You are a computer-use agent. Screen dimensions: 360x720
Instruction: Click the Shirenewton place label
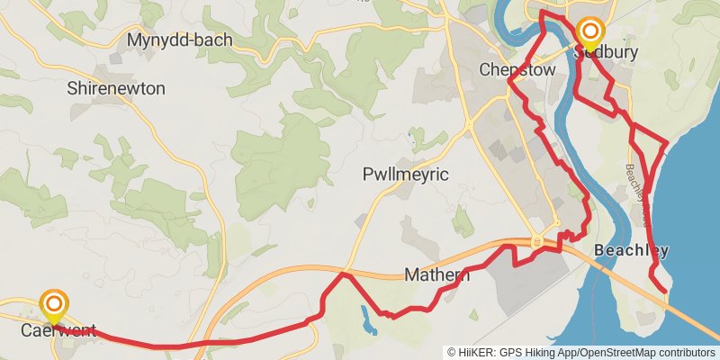pos(116,88)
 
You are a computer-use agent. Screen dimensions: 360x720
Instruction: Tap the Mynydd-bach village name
pos(179,40)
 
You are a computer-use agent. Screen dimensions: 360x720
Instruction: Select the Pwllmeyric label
pos(405,174)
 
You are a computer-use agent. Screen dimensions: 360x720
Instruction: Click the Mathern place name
pos(437,274)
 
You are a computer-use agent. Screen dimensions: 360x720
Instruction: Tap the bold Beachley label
pos(631,250)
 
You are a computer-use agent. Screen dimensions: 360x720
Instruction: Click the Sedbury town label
pos(606,52)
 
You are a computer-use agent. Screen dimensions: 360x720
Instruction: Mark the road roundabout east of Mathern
pos(537,241)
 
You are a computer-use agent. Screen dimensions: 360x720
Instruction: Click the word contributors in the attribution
pos(685,353)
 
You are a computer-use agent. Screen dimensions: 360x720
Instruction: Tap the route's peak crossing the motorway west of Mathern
pos(342,274)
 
